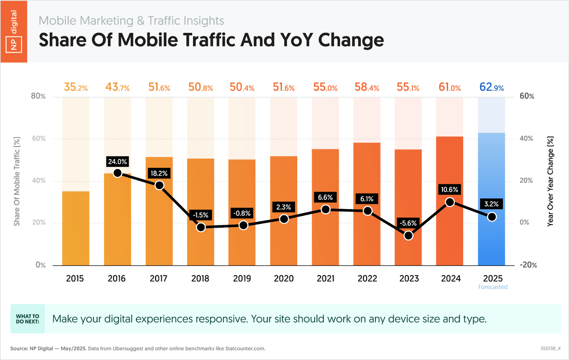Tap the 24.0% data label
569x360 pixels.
117,162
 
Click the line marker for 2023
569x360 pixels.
409,235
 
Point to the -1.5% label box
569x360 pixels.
201,215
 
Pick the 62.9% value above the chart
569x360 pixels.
491,87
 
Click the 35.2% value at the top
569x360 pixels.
76,87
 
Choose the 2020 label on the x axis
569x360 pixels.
284,279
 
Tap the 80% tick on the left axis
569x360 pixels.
38,96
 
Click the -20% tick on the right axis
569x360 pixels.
528,265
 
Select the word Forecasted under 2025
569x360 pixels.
493,287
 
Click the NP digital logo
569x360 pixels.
14,32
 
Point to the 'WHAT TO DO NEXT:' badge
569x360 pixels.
28,319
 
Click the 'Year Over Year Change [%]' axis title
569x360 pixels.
550,181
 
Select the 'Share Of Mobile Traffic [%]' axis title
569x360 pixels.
17,181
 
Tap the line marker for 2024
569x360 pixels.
450,202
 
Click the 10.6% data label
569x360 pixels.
450,190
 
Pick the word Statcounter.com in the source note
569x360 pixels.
245,349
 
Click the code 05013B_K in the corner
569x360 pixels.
551,349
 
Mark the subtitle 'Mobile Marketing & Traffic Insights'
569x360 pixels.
131,21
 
